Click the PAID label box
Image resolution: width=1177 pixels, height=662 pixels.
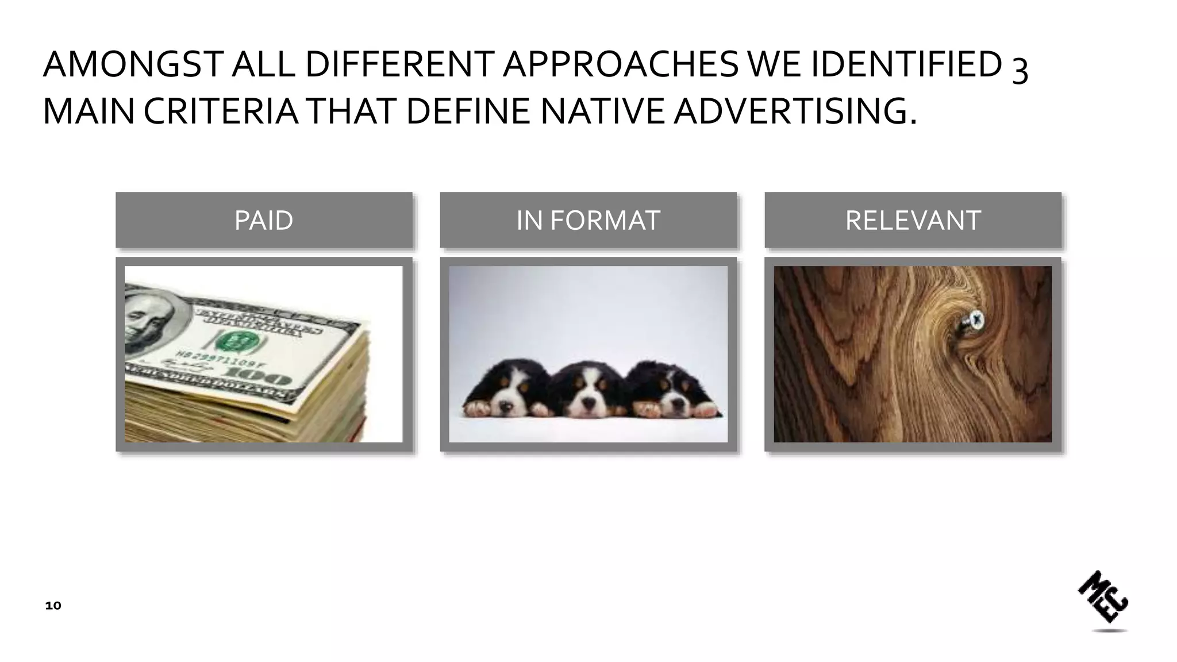pyautogui.click(x=264, y=220)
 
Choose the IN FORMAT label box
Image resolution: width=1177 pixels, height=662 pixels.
pyautogui.click(x=588, y=220)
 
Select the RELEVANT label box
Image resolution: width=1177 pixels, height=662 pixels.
pyautogui.click(x=913, y=220)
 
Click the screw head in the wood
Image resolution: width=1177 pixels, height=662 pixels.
pyautogui.click(x=975, y=319)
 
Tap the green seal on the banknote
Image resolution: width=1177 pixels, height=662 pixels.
pyautogui.click(x=234, y=341)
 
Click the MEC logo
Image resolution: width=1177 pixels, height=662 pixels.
pyautogui.click(x=1103, y=598)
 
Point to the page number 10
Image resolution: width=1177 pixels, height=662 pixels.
pyautogui.click(x=53, y=606)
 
